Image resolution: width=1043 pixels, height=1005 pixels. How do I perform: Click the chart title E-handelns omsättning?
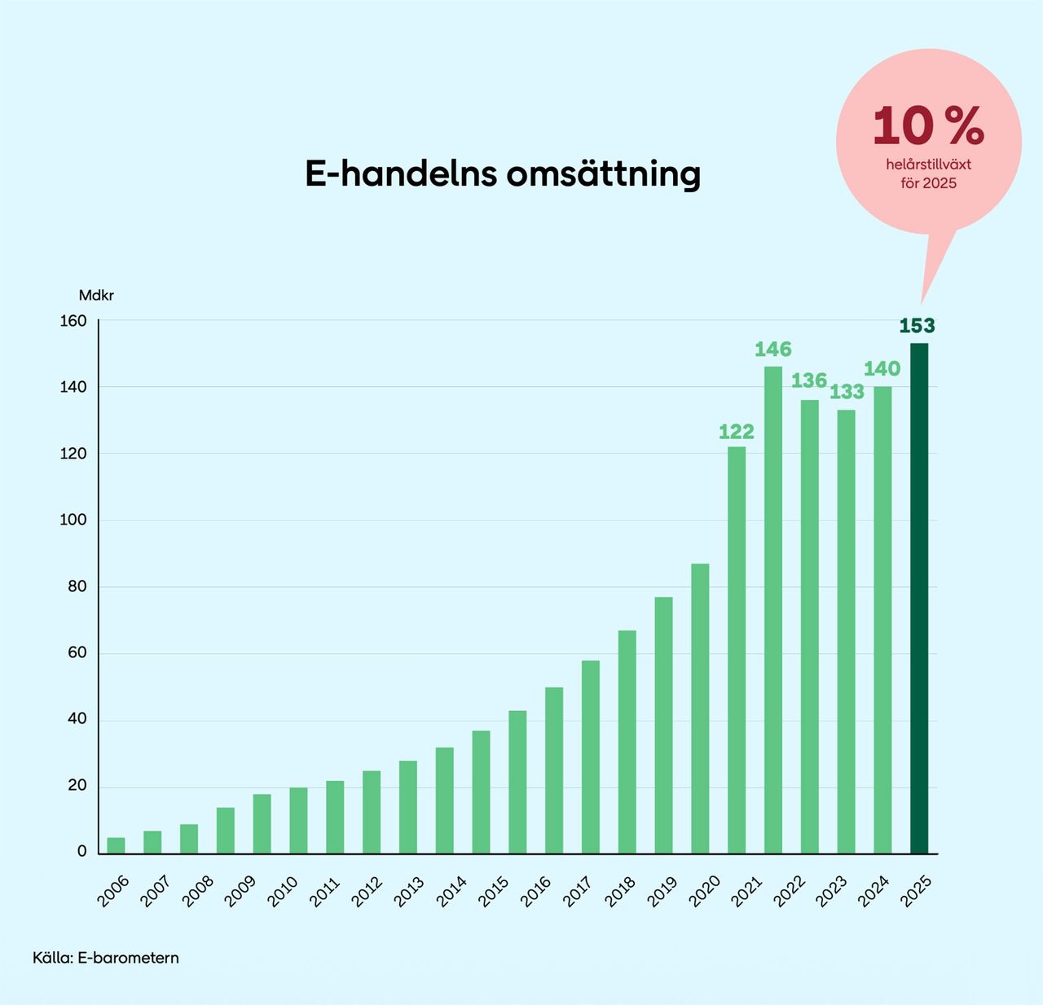503,174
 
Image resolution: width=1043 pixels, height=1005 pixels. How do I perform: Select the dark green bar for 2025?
918,599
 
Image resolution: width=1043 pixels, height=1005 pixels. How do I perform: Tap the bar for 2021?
737,650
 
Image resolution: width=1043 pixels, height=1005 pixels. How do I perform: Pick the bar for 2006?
117,845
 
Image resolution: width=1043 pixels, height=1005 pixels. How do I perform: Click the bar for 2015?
482,792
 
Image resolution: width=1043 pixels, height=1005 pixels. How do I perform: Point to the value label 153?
918,326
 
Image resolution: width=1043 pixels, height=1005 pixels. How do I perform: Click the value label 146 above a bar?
772,349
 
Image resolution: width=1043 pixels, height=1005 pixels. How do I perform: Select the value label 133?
847,392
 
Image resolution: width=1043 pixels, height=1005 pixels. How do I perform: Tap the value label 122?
737,432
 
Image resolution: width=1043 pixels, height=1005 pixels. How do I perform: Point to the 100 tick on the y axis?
73,520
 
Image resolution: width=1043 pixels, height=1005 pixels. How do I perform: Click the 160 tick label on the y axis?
73,321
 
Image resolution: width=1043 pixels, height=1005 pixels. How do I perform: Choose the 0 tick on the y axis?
81,852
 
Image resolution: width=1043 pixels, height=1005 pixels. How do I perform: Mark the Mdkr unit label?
96,296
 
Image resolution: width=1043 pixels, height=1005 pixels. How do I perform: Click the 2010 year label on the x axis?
283,891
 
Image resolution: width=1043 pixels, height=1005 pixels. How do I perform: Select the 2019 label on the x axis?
662,891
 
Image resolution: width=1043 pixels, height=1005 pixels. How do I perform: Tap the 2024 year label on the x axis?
874,891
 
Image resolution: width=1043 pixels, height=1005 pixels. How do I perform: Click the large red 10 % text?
928,126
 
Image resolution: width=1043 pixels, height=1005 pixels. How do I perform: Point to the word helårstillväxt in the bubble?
929,165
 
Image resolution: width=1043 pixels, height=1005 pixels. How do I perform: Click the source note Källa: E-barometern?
106,958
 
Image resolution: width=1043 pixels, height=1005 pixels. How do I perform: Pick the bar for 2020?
700,709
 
